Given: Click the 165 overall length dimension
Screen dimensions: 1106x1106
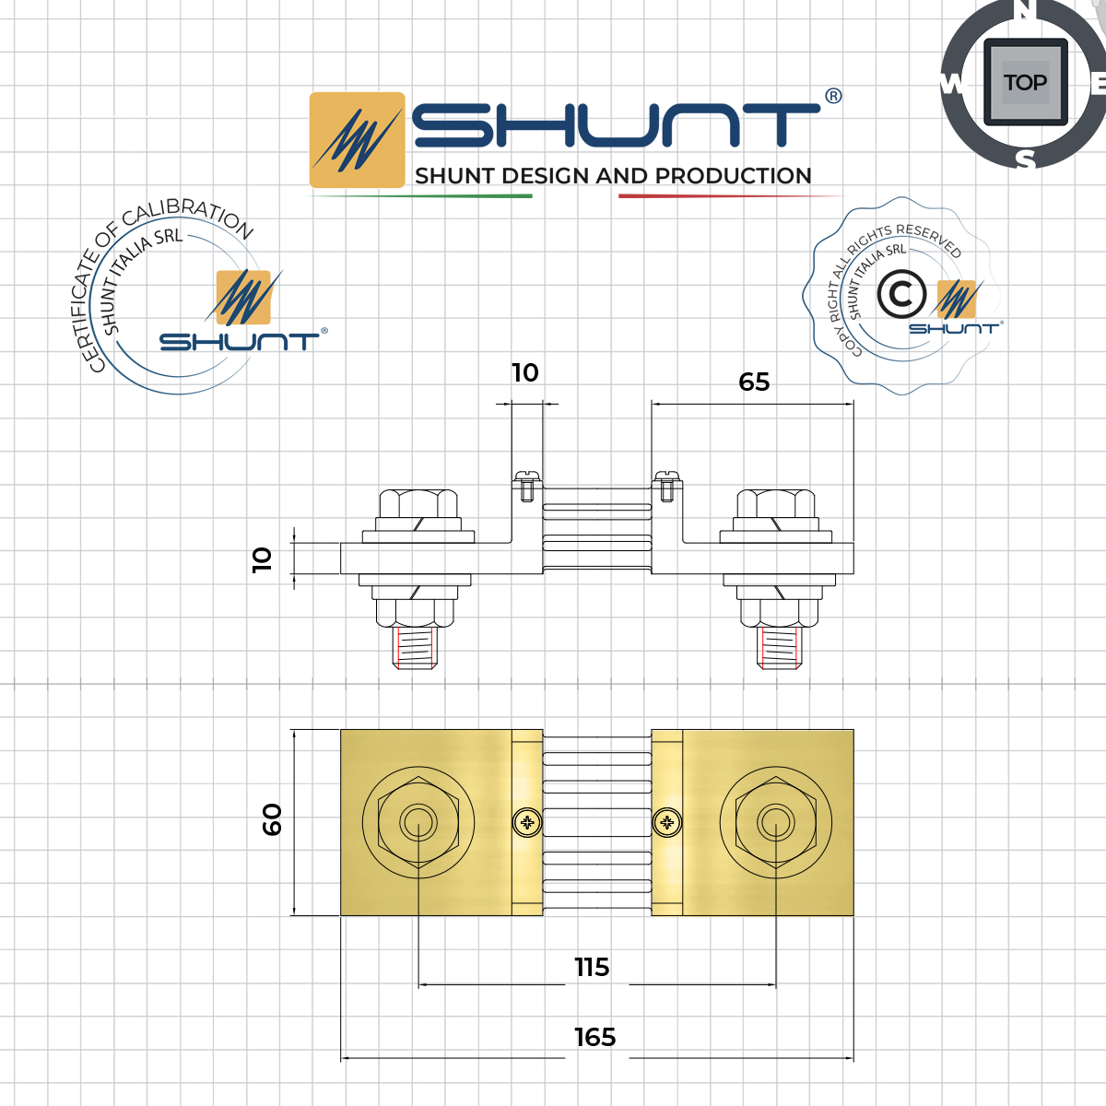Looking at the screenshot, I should pos(594,1038).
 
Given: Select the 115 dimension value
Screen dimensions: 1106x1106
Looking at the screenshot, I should pos(592,968).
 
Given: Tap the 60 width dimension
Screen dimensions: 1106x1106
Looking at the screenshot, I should pos(272,818).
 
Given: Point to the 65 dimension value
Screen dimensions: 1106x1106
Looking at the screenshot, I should pos(754,382).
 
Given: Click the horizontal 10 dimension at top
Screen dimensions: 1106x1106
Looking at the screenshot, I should pos(525,373).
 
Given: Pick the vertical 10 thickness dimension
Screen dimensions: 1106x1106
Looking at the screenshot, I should pos(263,559).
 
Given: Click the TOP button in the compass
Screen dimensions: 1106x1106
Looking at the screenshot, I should pos(1025,83).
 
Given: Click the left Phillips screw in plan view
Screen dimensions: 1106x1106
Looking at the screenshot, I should pos(527,822).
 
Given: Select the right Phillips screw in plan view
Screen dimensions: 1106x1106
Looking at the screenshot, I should pos(666,822).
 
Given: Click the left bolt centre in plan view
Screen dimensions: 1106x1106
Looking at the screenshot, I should pos(418,821).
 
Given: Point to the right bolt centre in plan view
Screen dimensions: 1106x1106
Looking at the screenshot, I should pos(775,821).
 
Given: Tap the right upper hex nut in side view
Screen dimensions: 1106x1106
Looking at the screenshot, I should pos(776,505).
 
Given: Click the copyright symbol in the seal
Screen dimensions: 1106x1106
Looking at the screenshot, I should pos(900,295).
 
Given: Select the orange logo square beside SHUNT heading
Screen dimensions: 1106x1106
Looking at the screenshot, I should pos(357,140).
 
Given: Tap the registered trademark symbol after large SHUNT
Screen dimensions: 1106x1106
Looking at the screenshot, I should pos(833,97).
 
